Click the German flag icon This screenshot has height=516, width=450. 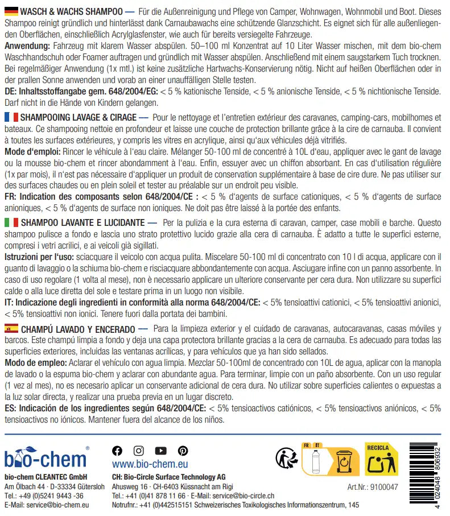tap(11, 11)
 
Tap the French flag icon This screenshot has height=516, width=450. tap(11, 117)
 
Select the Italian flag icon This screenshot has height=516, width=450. tap(11, 223)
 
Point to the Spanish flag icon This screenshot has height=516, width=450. tap(11, 329)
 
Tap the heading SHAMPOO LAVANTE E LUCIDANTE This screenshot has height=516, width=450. tap(82, 223)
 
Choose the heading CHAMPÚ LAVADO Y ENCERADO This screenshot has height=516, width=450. tap(77, 329)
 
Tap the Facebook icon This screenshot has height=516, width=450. tap(118, 451)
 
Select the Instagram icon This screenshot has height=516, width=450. tap(138, 451)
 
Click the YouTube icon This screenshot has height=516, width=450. tap(160, 451)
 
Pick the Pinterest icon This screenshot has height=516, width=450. tap(182, 451)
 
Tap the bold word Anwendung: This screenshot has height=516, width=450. tap(26, 44)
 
